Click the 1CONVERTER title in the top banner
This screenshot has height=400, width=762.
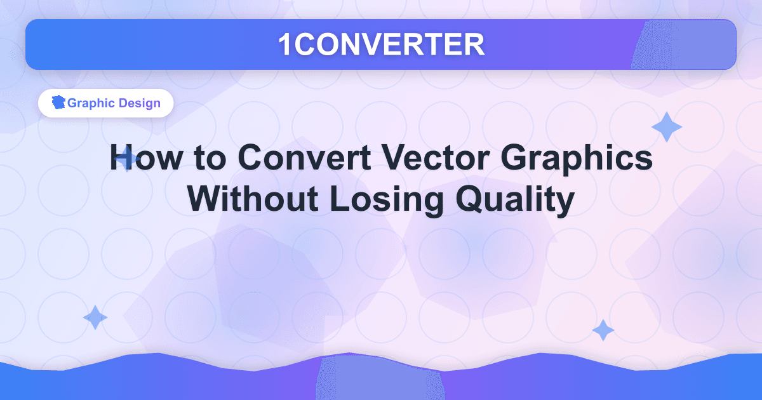tap(381, 44)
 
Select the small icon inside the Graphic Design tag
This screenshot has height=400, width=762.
tap(58, 103)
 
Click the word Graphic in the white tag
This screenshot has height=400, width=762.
tap(90, 103)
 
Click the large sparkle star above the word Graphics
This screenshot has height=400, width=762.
tap(666, 127)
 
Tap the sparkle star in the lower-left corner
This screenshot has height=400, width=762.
tap(95, 317)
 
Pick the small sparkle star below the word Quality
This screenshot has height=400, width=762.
tap(603, 330)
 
